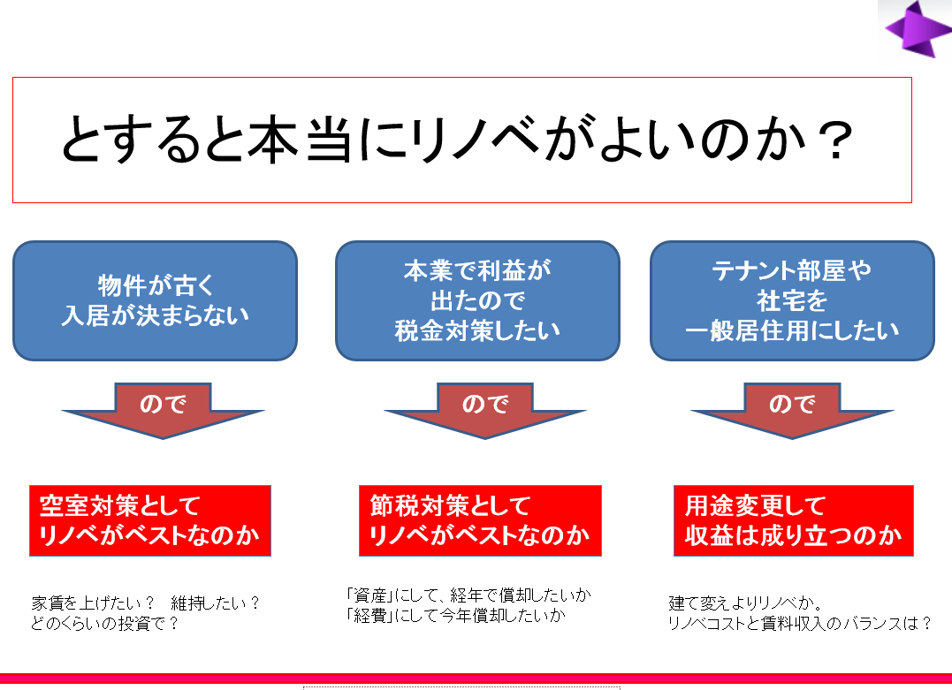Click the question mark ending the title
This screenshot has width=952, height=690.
[x=835, y=140]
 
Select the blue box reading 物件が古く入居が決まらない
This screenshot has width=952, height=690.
[x=155, y=301]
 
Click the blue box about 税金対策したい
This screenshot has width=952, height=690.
[x=477, y=301]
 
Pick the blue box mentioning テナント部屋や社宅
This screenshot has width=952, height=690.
[x=792, y=301]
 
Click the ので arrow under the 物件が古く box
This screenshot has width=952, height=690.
[x=163, y=410]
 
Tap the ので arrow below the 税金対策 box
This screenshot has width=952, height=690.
[x=485, y=410]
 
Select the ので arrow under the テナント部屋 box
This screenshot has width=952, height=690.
[x=792, y=410]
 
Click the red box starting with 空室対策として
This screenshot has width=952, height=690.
[x=150, y=520]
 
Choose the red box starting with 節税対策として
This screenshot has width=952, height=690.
[x=480, y=520]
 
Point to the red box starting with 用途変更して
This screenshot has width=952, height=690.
[x=794, y=520]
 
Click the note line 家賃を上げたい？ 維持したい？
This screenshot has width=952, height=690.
[x=146, y=603]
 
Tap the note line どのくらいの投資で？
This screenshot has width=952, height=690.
[x=105, y=623]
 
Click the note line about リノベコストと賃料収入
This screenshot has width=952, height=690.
[x=800, y=623]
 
